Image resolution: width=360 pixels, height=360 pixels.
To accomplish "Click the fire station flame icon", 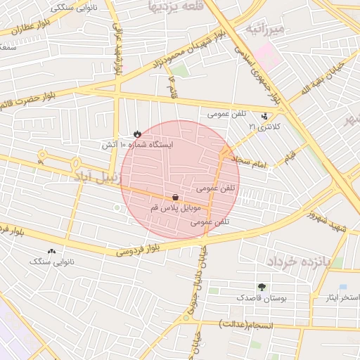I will coord(137,133).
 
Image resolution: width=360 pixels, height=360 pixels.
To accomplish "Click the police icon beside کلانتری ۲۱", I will coord(264,116).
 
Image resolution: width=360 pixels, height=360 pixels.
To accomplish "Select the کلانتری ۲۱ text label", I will coord(264,127).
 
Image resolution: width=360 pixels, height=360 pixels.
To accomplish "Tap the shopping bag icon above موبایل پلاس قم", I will coord(174,198).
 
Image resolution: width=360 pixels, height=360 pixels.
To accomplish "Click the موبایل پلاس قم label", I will coord(176,209).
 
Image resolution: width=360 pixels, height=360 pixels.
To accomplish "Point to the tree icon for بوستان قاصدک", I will coord(262,287).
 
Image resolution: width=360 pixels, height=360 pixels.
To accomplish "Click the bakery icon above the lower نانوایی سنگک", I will coord(51,251).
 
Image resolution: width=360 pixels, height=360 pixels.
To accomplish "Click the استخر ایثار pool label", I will coord(342,298).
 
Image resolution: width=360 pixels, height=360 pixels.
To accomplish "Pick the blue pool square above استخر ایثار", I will coord(342,287).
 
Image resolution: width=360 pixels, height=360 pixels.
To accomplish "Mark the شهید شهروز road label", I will coord(325,217).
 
